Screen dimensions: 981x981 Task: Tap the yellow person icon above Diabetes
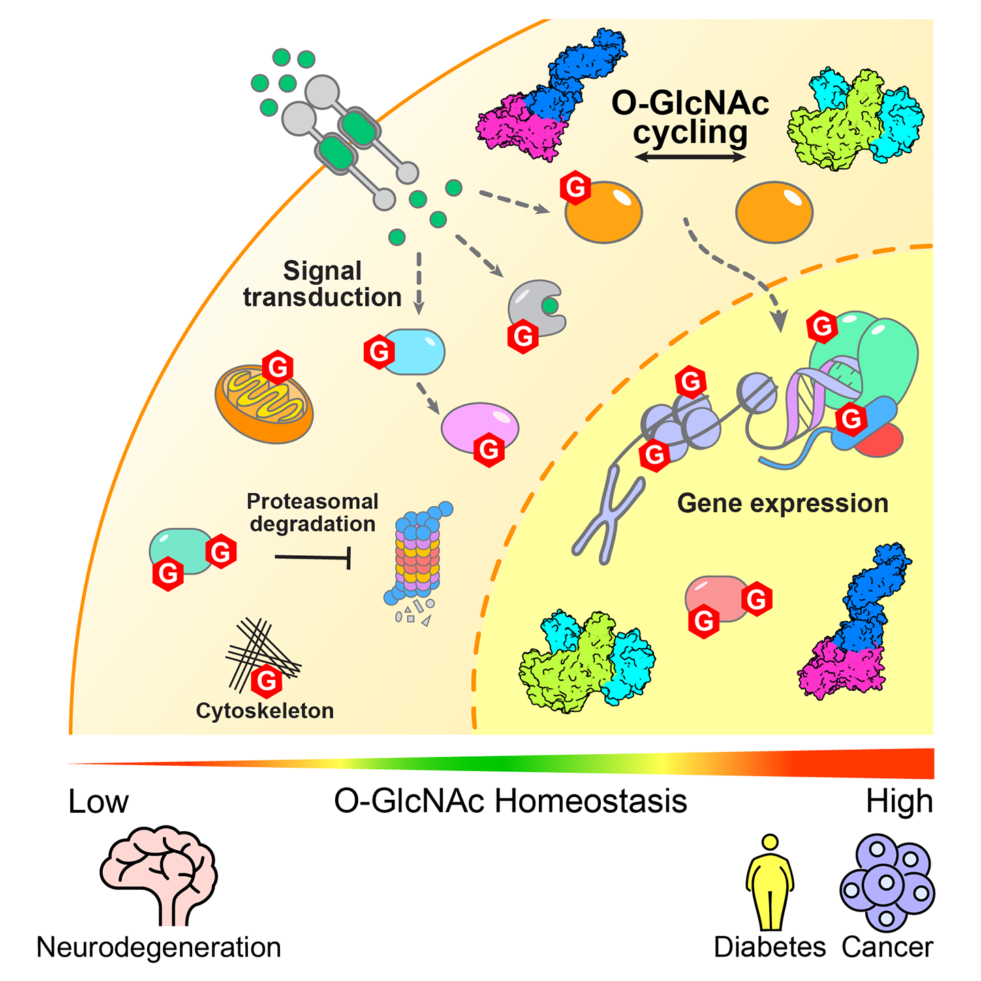coord(770,882)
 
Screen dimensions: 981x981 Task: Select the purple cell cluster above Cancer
coord(887,883)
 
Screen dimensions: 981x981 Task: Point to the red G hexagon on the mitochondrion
coord(278,368)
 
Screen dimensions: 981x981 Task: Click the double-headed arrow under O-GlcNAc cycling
coord(690,157)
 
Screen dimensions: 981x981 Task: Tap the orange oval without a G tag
coord(774,212)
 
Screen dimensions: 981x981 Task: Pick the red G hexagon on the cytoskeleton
coord(266,680)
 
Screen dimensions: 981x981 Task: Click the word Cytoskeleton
coord(264,711)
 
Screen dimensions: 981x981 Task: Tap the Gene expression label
coord(782,503)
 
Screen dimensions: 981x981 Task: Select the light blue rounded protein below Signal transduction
coord(414,352)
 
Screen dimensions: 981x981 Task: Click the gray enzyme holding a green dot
coord(534,307)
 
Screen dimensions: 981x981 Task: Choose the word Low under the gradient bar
coord(98,802)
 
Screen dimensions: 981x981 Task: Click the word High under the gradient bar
coord(899,802)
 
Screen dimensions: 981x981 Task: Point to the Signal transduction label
coord(322,284)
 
